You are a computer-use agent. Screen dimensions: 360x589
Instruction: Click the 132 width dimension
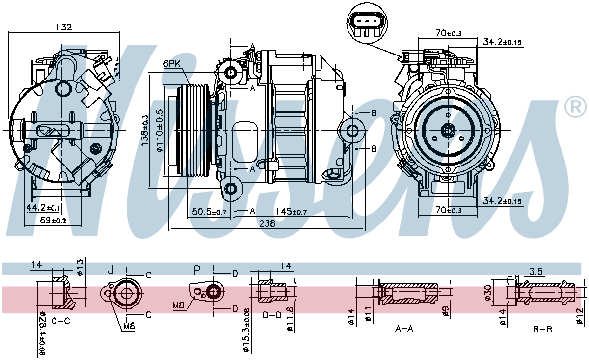[64, 28]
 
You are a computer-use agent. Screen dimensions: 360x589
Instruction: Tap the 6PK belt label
[172, 64]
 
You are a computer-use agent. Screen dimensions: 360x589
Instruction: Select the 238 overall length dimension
[267, 223]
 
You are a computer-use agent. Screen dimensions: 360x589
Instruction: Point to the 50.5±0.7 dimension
[209, 211]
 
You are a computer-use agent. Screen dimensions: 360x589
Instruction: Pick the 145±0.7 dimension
[292, 211]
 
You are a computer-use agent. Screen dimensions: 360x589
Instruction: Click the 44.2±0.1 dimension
[44, 208]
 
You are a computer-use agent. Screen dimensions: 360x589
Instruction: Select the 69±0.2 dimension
[52, 221]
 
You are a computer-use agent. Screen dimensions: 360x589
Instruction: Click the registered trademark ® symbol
[575, 107]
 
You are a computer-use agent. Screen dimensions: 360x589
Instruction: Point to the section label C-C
[60, 321]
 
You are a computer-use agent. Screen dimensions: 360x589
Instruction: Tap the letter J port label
[111, 270]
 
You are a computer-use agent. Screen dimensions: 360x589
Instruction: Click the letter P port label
[197, 270]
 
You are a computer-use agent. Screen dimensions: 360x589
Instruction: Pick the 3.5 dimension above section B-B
[536, 271]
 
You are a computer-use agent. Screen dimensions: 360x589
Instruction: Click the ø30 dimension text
[487, 292]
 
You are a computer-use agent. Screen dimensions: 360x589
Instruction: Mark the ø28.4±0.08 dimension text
[42, 334]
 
